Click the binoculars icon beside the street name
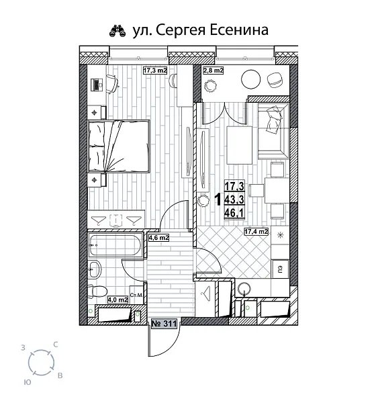pyautogui.click(x=116, y=30)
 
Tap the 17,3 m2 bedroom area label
pyautogui.click(x=154, y=70)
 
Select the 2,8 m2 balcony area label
pyautogui.click(x=214, y=70)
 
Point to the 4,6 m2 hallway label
pyautogui.click(x=158, y=237)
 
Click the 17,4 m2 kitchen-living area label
pyautogui.click(x=256, y=232)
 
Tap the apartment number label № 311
pyautogui.click(x=164, y=324)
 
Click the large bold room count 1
pyautogui.click(x=218, y=199)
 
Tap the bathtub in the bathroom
pyautogui.click(x=115, y=246)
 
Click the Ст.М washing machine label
pyautogui.click(x=134, y=295)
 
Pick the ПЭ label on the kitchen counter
pyautogui.click(x=276, y=269)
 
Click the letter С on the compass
pyautogui.click(x=55, y=344)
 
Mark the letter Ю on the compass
pyautogui.click(x=26, y=380)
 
